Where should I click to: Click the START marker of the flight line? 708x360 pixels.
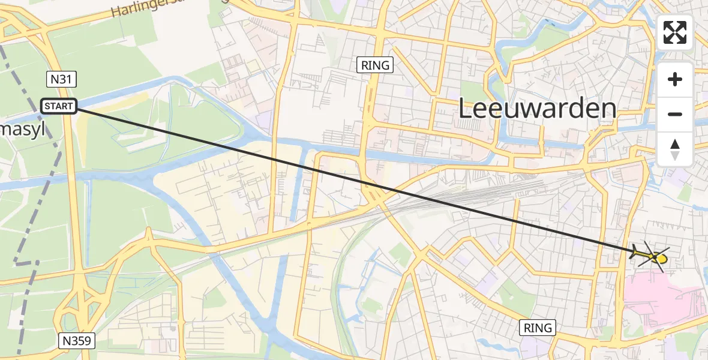point(59,106)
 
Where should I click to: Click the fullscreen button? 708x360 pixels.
point(675,32)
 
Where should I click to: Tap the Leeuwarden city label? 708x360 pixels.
point(538,109)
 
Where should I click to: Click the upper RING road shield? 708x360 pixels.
point(376,65)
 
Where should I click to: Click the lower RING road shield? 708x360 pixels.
point(538,328)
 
